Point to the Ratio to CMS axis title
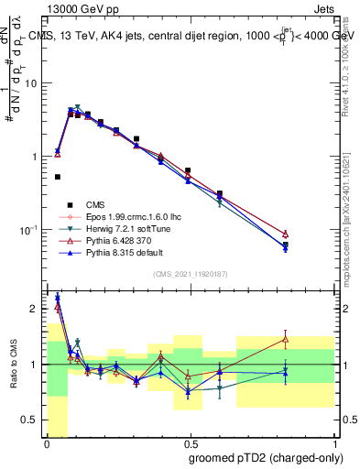pos(15,365)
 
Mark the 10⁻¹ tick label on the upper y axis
pos(28,229)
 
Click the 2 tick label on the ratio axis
pos(36,309)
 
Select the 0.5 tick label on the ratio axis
pos(32,420)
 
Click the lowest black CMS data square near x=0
pos(57,177)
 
